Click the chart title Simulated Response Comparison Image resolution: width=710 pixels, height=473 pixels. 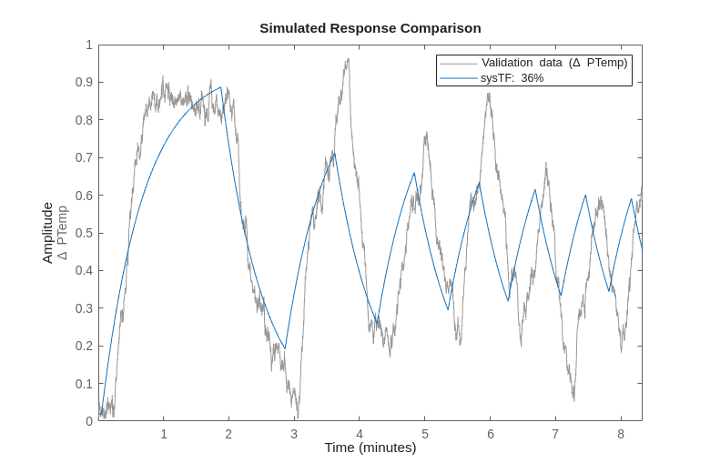[370, 28]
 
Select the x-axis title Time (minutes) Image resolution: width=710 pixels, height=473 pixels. [370, 448]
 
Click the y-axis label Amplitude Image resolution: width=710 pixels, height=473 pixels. [47, 233]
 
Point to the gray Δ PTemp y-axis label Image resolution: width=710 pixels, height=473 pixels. [62, 233]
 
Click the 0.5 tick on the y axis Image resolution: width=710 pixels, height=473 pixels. [83, 233]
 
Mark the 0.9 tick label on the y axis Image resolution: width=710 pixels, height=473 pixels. [83, 82]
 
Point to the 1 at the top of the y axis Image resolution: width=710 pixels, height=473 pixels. [89, 45]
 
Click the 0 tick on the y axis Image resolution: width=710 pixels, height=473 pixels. [89, 421]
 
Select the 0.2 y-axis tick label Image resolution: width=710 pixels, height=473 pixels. [83, 346]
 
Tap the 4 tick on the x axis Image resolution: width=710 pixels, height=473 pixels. [360, 434]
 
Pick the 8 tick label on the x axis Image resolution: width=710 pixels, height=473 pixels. [621, 434]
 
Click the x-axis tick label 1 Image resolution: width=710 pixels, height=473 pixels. [164, 434]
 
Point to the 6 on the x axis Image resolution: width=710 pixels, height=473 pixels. [490, 434]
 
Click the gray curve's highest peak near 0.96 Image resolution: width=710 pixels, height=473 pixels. [347, 60]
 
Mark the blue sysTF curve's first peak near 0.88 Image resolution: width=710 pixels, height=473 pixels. [220, 87]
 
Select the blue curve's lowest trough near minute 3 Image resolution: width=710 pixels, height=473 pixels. [285, 348]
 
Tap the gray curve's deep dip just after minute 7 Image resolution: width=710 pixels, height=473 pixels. [573, 398]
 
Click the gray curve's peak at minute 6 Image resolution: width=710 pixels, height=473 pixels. [489, 94]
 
